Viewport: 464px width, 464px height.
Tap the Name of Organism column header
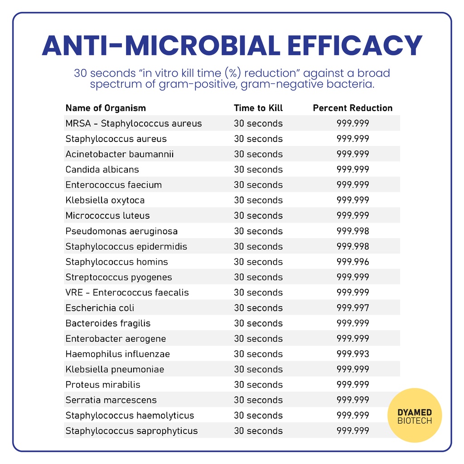click(x=106, y=108)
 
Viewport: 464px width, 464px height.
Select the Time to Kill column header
click(x=258, y=108)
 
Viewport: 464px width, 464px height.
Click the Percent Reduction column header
click(x=353, y=108)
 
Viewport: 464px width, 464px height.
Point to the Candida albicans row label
click(x=102, y=169)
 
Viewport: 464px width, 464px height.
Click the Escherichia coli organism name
click(x=100, y=308)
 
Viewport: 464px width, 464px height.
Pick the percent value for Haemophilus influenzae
click(x=353, y=354)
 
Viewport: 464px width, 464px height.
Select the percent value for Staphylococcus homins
click(x=353, y=262)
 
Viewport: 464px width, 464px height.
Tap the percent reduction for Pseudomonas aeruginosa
click(x=353, y=231)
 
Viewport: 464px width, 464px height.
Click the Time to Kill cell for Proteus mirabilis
click(x=258, y=385)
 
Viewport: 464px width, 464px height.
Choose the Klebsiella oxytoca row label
click(x=105, y=200)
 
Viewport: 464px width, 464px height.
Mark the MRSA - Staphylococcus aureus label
click(x=134, y=123)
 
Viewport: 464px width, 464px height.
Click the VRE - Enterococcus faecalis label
click(x=127, y=293)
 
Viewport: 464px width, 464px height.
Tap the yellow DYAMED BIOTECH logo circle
click(x=415, y=416)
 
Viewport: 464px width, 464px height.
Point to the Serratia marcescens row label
click(x=111, y=400)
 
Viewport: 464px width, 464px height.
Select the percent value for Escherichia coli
click(x=353, y=308)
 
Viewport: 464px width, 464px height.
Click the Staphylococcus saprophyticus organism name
click(x=131, y=431)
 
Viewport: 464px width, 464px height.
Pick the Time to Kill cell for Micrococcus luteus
click(x=258, y=216)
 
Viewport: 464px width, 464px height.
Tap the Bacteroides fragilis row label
click(x=108, y=324)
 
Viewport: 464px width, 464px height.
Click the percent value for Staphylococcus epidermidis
click(x=353, y=246)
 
